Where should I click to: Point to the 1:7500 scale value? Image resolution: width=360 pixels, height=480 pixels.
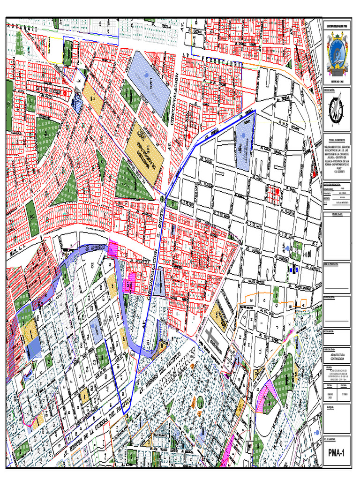pos(343,394)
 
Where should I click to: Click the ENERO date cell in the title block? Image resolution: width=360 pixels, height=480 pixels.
pos(330,394)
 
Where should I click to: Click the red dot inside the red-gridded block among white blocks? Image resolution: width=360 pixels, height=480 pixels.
pos(277,192)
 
